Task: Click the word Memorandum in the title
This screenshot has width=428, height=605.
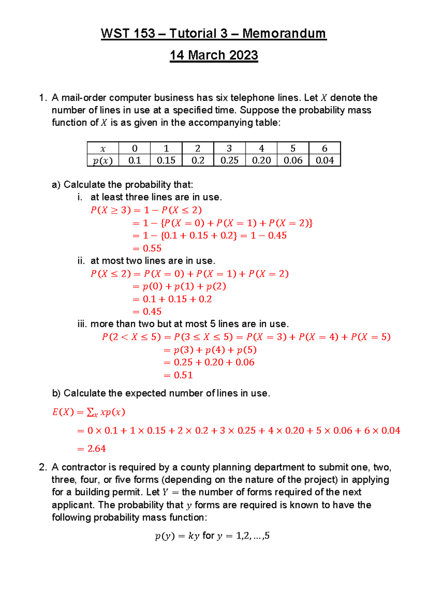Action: [x=284, y=34]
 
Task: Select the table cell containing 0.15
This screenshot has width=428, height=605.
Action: [x=166, y=161]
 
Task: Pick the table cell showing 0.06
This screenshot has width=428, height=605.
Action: [x=293, y=161]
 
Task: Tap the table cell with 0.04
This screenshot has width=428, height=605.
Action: [x=325, y=161]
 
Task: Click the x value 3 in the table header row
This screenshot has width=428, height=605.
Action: [x=229, y=148]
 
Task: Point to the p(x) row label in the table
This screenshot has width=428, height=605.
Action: [x=103, y=161]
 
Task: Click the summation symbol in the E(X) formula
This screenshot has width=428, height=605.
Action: [x=91, y=412]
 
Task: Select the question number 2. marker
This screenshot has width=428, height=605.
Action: [x=43, y=467]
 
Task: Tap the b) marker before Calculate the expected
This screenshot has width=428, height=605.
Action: [x=56, y=393]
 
